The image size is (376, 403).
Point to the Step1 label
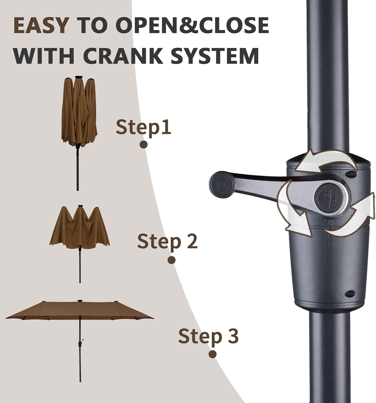click(x=143, y=127)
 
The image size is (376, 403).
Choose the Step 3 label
click(x=208, y=336)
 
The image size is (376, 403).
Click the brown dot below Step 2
click(x=171, y=260)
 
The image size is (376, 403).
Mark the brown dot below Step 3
click(x=212, y=354)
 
